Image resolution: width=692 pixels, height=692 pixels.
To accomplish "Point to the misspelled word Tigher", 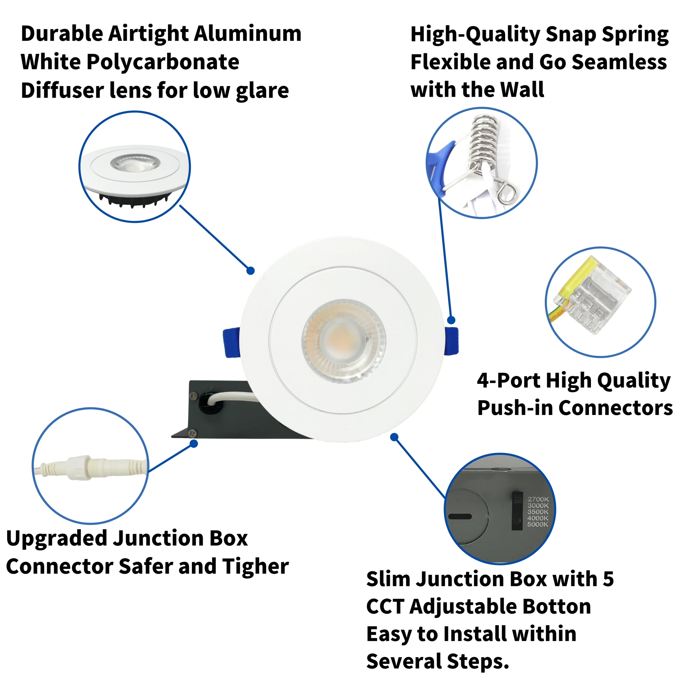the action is point(255,567).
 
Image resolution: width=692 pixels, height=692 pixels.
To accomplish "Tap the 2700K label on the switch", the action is point(538,499).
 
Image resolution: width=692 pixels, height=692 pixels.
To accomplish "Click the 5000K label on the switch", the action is point(538,524).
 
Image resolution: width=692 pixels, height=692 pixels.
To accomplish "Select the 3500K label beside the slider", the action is point(538,512).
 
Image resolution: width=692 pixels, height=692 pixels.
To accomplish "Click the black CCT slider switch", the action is point(517,511).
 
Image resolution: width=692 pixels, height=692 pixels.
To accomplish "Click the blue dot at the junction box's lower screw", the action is point(194,444).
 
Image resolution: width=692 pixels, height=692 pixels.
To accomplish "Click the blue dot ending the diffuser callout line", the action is point(251,271).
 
